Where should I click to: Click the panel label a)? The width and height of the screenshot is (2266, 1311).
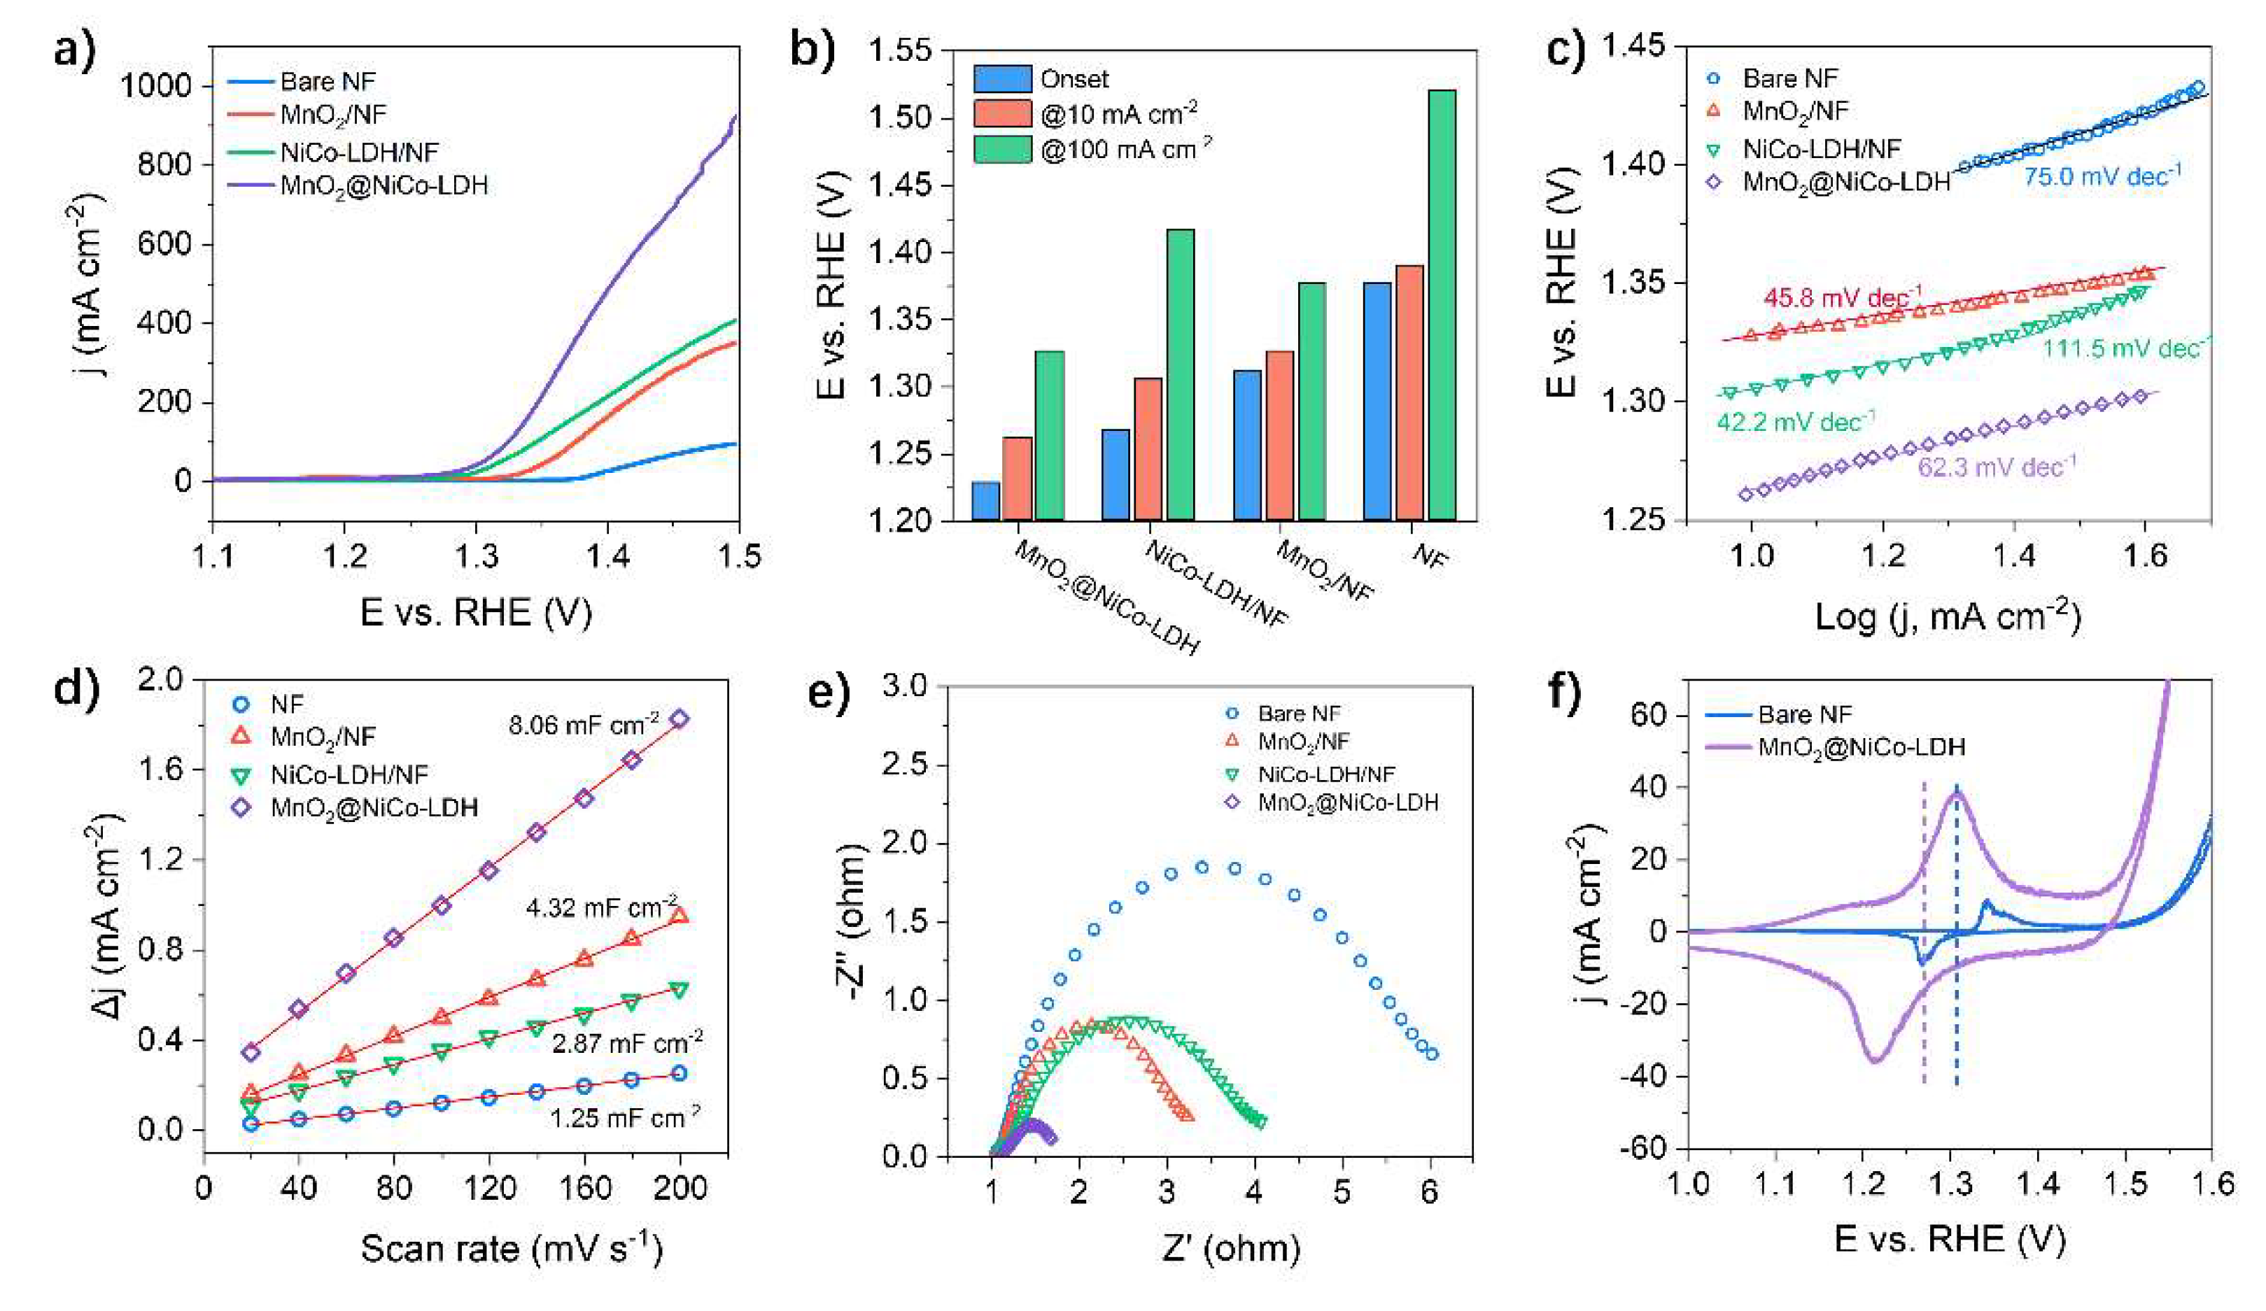click(73, 50)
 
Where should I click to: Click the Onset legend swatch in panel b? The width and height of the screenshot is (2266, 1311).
click(1001, 79)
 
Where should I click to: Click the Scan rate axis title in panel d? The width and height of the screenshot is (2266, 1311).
click(511, 1248)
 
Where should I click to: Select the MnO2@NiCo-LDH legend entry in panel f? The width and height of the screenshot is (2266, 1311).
click(1861, 746)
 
